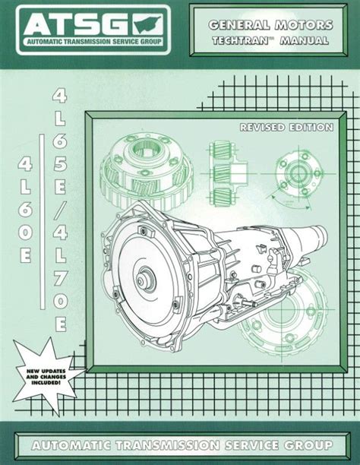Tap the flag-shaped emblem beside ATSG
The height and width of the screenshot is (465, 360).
coord(147,25)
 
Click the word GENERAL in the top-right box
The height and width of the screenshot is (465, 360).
coord(239,25)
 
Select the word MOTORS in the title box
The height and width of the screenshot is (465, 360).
coord(304,25)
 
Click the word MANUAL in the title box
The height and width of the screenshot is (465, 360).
coord(304,40)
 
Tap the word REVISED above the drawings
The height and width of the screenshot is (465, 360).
coord(261,128)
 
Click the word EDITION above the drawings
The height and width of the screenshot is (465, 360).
coord(310,128)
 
